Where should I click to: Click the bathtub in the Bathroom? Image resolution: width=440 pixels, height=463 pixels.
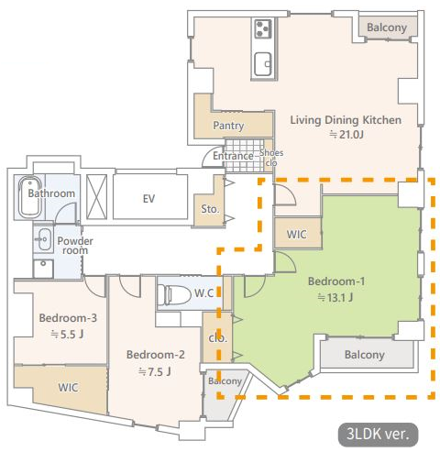(x=30, y=197)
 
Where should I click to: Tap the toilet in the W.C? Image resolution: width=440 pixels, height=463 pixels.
(x=174, y=294)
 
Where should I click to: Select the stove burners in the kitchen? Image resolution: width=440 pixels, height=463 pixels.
(x=263, y=28)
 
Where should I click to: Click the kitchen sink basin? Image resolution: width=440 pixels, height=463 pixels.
(x=263, y=63)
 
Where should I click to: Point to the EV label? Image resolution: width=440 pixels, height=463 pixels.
(x=148, y=199)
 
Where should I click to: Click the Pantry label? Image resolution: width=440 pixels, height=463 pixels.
(x=228, y=126)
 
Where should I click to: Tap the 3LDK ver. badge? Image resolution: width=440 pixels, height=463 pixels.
(x=378, y=434)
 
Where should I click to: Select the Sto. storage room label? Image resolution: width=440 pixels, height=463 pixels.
(x=210, y=209)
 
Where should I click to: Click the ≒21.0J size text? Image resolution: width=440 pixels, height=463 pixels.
(x=346, y=135)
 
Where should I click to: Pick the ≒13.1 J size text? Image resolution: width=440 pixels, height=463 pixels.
(x=335, y=297)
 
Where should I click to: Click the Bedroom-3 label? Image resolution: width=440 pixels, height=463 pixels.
(x=68, y=318)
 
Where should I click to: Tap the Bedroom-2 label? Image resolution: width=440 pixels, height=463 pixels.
(x=156, y=355)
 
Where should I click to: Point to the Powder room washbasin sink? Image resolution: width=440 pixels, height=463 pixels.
(x=43, y=238)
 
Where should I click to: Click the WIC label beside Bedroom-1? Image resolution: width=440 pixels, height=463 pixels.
(x=297, y=235)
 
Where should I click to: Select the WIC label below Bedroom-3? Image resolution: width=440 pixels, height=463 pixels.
(x=68, y=388)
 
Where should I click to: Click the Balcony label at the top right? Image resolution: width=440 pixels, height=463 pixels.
(x=387, y=28)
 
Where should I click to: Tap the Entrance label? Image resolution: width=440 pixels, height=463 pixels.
(x=233, y=156)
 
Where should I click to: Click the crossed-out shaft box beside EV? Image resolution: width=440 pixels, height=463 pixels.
(x=96, y=197)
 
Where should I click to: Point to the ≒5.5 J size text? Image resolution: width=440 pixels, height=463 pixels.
(x=67, y=335)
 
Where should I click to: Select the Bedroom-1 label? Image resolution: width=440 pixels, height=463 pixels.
(x=336, y=281)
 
